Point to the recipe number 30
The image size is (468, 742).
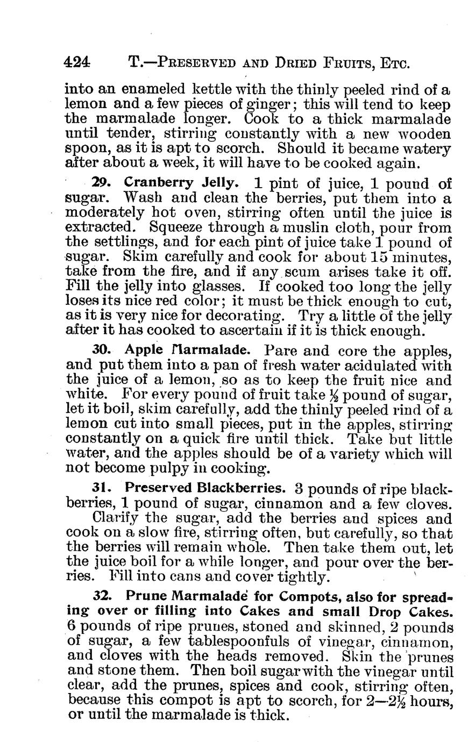tap(101, 350)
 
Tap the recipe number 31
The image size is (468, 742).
tap(101, 490)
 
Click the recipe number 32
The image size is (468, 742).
tap(101, 596)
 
